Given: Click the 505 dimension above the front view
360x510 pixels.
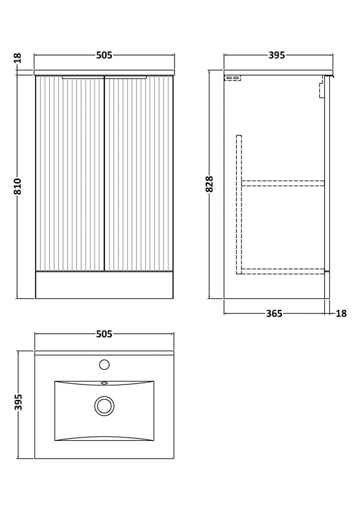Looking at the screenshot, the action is click(x=104, y=55).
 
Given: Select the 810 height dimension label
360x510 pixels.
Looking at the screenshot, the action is click(x=18, y=186).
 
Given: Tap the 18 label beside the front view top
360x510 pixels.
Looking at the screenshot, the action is click(x=18, y=58).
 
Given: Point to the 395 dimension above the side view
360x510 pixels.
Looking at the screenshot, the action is click(x=277, y=55).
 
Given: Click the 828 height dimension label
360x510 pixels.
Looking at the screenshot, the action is click(x=209, y=184).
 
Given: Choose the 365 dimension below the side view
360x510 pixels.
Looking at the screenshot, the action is click(x=274, y=313).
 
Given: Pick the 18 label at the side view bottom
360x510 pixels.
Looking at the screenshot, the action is click(x=341, y=313).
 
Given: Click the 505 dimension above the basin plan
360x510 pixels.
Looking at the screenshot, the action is click(x=104, y=334).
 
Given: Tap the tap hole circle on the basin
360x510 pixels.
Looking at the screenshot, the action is click(x=104, y=364).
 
